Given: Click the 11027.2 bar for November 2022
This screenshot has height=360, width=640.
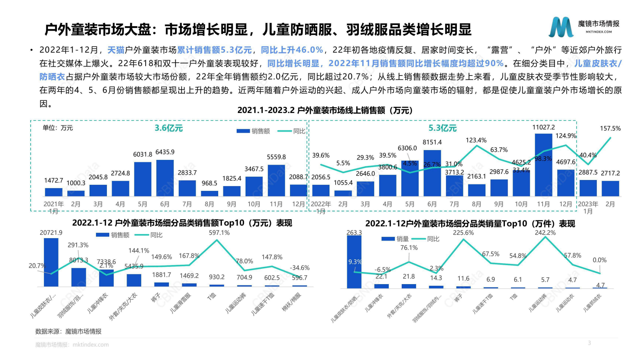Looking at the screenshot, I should (x=543, y=165).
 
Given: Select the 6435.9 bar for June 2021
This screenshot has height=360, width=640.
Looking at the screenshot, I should (x=165, y=178).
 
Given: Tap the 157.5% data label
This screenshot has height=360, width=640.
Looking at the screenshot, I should (x=610, y=128).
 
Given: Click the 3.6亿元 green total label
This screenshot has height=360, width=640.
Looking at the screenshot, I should (x=169, y=128).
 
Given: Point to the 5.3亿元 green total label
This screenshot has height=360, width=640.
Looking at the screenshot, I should (x=442, y=128).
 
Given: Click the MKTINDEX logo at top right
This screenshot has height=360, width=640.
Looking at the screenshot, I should (x=584, y=27).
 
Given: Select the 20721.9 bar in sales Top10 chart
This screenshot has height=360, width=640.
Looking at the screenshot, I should (x=51, y=262).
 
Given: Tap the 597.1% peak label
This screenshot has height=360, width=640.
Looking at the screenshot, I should (x=219, y=233).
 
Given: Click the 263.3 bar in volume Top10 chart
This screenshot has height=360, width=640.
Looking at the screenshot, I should (x=354, y=262).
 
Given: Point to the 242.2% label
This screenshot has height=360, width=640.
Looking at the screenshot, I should (x=545, y=233).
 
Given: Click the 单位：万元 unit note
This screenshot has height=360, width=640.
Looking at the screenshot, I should (x=58, y=128).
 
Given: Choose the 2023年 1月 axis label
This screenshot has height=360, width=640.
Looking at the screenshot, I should (x=588, y=207).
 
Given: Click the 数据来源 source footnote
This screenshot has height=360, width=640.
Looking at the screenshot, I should (x=68, y=331).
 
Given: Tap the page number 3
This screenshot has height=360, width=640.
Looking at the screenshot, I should (x=589, y=343).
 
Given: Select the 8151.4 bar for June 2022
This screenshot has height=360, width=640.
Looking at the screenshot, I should (x=432, y=174).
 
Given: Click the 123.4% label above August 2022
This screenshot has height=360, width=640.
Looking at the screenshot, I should (x=476, y=140).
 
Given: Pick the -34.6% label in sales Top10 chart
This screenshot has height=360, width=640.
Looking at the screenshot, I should (x=300, y=268).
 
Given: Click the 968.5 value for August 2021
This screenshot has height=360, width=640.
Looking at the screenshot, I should (x=209, y=183).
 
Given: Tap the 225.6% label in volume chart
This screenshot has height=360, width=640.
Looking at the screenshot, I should (x=463, y=233).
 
